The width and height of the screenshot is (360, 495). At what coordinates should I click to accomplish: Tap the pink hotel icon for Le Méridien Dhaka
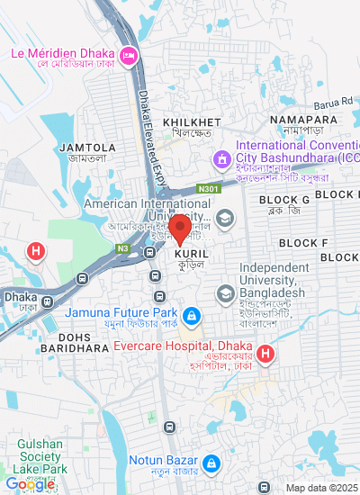click(129, 54)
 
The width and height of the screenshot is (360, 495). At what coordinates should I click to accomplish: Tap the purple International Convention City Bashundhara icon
click(220, 159)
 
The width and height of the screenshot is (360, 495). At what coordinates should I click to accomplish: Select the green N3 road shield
click(122, 248)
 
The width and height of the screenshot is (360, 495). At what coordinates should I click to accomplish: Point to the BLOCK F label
click(303, 243)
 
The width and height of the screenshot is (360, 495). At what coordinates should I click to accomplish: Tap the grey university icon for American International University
click(224, 217)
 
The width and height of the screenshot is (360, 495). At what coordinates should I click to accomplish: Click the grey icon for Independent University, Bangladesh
click(224, 292)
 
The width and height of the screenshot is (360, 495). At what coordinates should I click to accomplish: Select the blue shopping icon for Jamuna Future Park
click(191, 316)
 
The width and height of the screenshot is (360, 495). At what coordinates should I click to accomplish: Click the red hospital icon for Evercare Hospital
click(265, 355)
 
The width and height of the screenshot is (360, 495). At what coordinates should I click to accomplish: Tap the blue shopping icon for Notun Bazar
click(211, 463)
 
